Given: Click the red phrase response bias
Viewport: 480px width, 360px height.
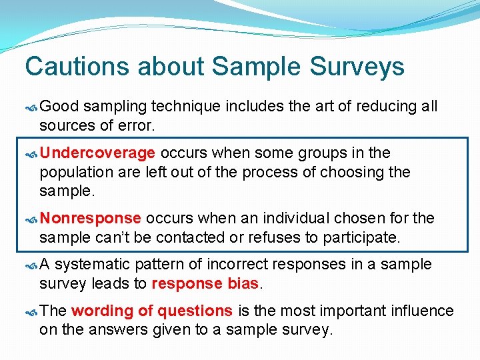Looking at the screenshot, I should (x=205, y=283).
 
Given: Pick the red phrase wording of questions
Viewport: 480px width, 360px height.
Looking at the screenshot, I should (x=152, y=311).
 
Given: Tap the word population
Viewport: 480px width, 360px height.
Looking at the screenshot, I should (x=73, y=172).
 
